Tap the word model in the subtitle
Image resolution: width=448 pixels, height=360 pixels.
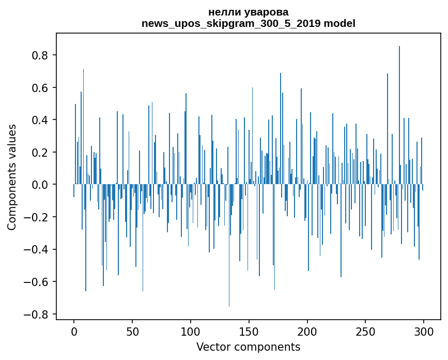(339, 23)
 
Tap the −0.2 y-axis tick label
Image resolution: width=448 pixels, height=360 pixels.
(38, 217)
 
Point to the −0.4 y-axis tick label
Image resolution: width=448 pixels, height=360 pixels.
(38, 250)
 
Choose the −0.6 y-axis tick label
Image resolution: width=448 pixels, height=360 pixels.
(38, 282)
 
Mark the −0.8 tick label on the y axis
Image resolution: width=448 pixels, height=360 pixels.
(38, 314)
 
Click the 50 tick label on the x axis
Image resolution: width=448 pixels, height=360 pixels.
(132, 331)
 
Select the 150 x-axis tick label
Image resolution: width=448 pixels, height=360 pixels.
(249, 331)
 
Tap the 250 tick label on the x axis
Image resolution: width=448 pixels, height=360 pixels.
(366, 331)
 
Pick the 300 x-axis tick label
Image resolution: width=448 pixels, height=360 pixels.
(424, 331)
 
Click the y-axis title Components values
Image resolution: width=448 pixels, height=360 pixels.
(12, 177)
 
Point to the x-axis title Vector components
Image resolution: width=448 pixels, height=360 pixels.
(248, 347)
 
